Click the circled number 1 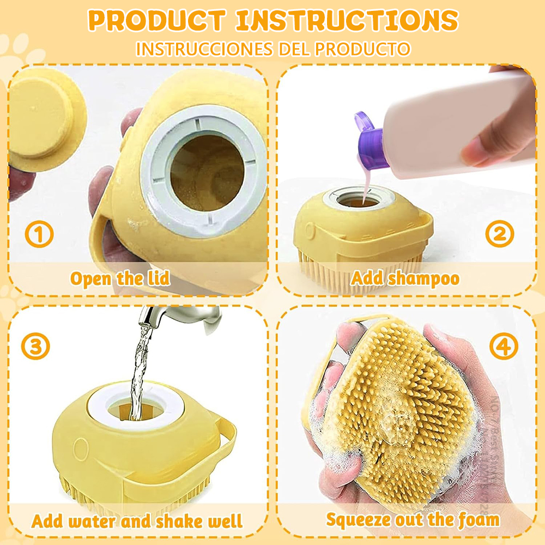pyautogui.click(x=39, y=235)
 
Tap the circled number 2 pyautogui.click(x=499, y=234)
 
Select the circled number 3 pyautogui.click(x=35, y=347)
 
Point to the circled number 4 pyautogui.click(x=503, y=347)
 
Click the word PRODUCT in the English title pyautogui.click(x=156, y=21)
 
